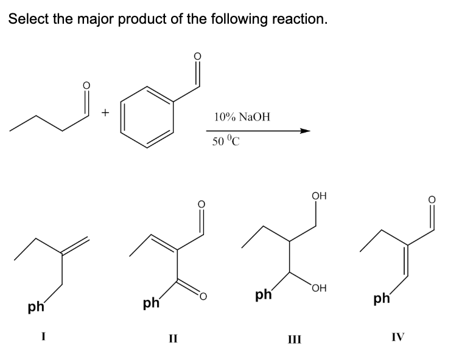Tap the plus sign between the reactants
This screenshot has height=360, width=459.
point(105,112)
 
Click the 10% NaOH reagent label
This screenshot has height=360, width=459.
point(242,117)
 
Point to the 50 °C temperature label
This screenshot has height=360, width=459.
point(226,140)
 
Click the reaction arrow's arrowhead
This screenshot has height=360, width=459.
point(304,131)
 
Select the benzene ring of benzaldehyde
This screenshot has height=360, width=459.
point(147,117)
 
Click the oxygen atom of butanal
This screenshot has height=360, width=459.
point(86,85)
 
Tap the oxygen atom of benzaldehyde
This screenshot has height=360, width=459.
point(198,56)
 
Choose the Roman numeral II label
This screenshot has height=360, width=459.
point(173,339)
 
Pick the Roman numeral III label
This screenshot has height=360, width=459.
point(294,339)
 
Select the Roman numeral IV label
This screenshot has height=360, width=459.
point(398,337)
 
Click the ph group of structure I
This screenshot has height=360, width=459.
point(37,306)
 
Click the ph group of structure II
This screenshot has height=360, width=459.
point(151,303)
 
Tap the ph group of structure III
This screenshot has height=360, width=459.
point(264,294)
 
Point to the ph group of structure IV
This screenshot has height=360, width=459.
point(382,299)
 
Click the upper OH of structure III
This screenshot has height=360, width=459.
point(319,196)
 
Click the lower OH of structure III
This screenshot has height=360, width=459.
point(319,288)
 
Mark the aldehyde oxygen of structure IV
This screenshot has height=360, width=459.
point(432,199)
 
